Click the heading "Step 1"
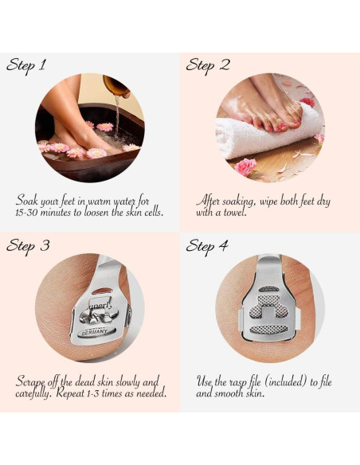click(25, 65)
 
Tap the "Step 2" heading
click(208, 65)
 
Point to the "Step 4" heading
click(207, 247)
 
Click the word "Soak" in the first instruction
click(27, 201)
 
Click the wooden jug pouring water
click(116, 85)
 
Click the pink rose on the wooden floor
click(245, 167)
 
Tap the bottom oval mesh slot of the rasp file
click(268, 329)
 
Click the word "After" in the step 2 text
click(208, 201)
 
